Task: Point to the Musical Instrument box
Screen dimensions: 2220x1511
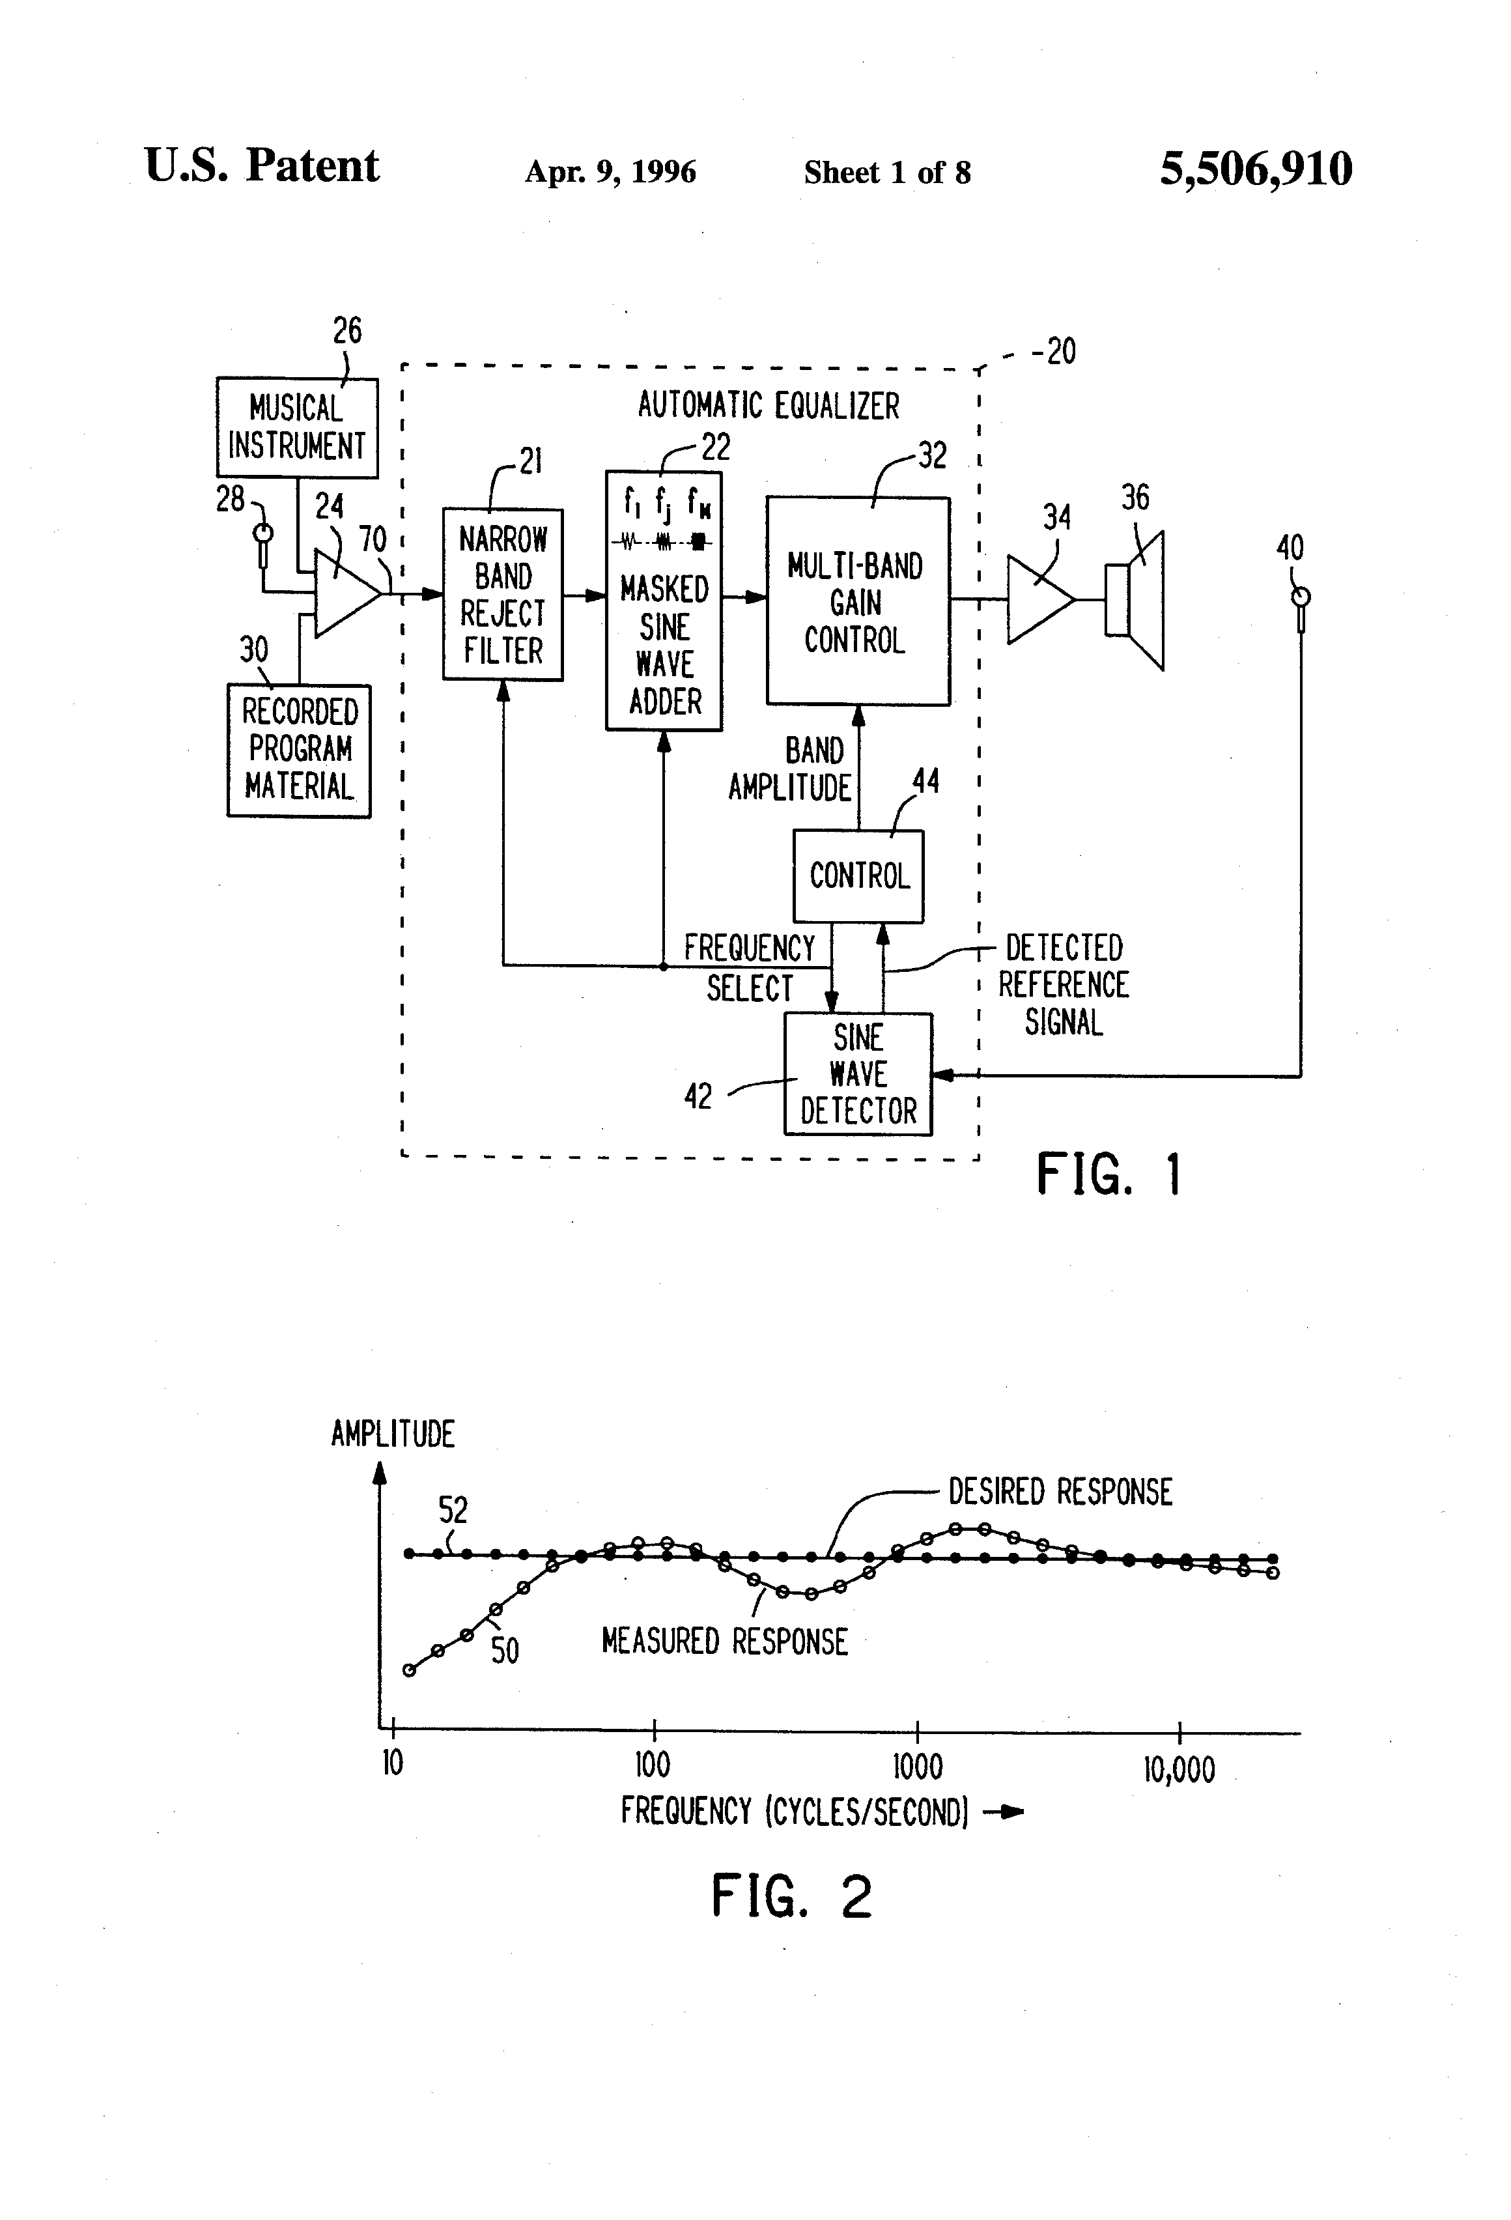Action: tap(297, 427)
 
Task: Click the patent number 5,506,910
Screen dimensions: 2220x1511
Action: tap(1255, 169)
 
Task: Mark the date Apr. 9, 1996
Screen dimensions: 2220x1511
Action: tap(610, 172)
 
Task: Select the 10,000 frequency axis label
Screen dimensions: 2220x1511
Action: tap(1179, 1769)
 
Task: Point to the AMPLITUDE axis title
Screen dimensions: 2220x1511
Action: tap(393, 1434)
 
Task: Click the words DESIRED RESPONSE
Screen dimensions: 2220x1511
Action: tap(1059, 1491)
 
